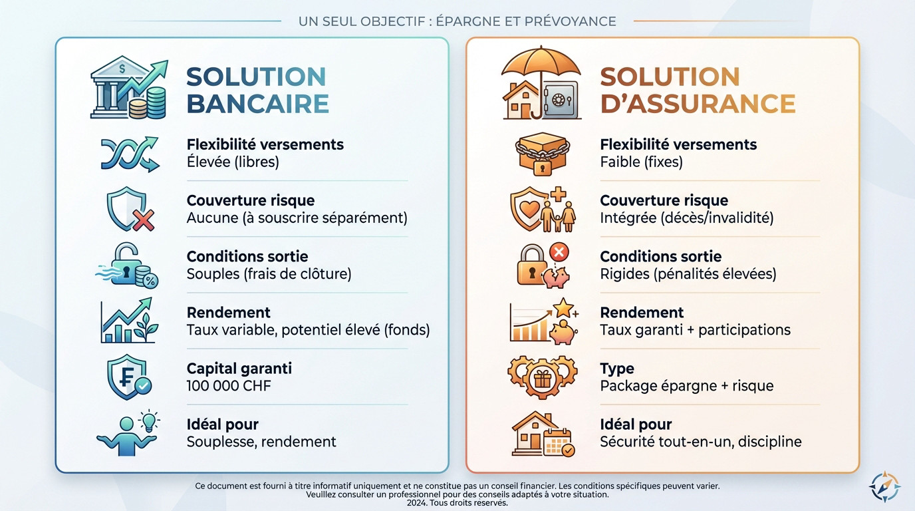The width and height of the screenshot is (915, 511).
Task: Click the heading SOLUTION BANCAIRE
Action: (257, 90)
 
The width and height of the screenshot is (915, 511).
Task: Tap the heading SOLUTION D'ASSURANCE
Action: (698, 90)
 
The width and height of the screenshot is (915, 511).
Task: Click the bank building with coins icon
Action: (129, 89)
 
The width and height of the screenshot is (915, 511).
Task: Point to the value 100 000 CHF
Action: (229, 386)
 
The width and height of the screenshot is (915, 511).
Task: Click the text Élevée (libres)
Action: (233, 162)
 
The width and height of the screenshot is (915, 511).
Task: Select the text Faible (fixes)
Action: (641, 162)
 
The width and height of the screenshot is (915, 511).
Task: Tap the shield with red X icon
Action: (130, 210)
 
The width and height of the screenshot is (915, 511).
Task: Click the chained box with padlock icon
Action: (541, 154)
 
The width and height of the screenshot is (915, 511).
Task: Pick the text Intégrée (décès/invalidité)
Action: (686, 218)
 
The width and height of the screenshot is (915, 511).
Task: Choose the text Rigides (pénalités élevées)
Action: (688, 273)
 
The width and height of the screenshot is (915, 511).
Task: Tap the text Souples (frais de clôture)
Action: (269, 273)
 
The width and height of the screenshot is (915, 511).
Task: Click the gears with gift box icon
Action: (541, 377)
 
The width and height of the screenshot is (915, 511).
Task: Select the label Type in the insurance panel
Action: (616, 369)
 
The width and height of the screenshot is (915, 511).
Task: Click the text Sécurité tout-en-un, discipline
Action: (700, 442)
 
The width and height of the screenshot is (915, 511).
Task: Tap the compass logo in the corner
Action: (884, 486)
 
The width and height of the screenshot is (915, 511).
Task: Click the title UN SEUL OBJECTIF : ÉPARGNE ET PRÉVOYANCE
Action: (457, 21)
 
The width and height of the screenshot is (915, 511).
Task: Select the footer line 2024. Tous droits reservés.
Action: (457, 503)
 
